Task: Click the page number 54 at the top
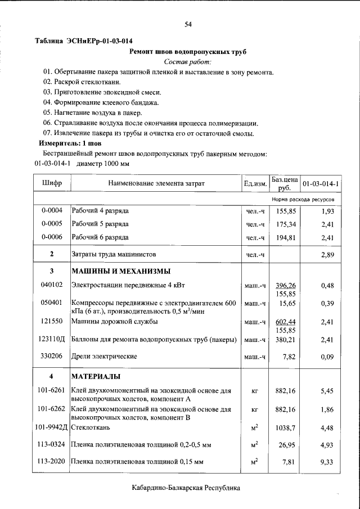[188, 24]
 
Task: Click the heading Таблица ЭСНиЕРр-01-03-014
[84, 41]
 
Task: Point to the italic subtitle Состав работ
[188, 62]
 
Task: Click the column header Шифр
[52, 183]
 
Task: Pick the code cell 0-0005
[52, 224]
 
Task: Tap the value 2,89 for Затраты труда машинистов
[327, 255]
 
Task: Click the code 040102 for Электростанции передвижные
[52, 285]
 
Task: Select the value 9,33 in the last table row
[327, 461]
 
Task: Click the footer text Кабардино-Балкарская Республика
[186, 488]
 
